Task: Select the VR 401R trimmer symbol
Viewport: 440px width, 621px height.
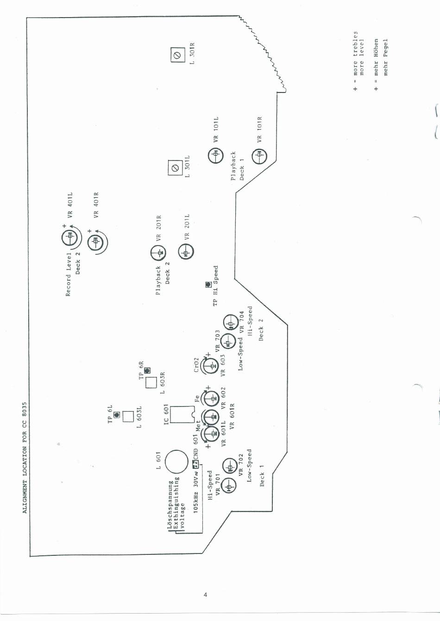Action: tap(96, 241)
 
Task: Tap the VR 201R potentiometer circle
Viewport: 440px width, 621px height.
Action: tap(158, 253)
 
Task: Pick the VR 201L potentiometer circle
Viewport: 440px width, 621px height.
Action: tap(186, 252)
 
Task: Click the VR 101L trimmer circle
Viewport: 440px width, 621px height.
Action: tap(216, 156)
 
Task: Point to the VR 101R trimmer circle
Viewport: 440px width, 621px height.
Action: tap(259, 156)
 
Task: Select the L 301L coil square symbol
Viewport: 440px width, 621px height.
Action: tap(175, 168)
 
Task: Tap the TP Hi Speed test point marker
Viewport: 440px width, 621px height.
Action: tap(208, 285)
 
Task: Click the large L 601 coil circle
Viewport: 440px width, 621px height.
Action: tap(176, 462)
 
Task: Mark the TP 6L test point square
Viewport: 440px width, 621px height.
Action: tap(117, 415)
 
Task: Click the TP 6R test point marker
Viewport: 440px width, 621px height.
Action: tap(147, 371)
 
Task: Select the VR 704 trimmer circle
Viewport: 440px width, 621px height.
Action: tap(231, 323)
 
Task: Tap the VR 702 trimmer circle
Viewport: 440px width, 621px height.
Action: tap(230, 467)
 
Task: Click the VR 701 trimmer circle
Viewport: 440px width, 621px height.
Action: tap(229, 486)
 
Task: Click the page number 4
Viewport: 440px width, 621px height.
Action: tap(205, 595)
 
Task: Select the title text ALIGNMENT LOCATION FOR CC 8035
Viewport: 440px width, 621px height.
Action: tap(25, 457)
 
